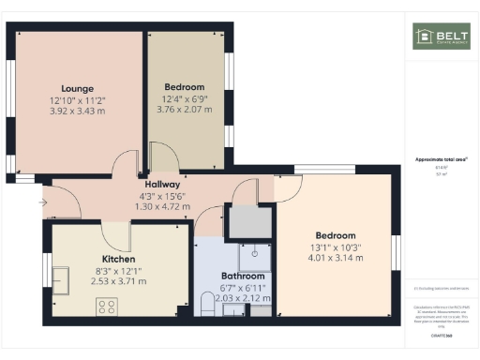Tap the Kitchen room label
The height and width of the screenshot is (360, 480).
[119, 259]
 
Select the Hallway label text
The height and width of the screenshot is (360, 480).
[151, 185]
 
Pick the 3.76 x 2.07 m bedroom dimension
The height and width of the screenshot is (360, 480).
[184, 110]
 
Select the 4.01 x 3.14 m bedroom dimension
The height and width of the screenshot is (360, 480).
[335, 257]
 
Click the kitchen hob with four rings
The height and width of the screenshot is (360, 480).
[107, 305]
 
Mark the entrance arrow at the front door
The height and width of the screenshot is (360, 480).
[42, 201]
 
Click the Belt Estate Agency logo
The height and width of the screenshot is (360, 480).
[440, 37]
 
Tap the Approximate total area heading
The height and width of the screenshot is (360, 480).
[441, 160]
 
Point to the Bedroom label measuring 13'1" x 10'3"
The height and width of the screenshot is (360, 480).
[335, 234]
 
